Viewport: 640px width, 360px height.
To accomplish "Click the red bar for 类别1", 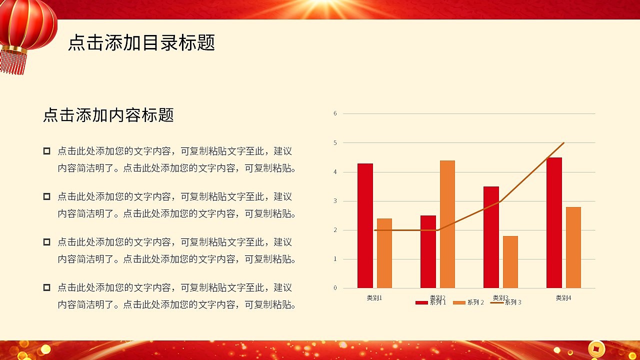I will pos(365,225).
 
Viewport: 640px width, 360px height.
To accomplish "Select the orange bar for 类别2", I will pos(447,224).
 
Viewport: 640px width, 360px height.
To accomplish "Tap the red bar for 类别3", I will pos(491,237).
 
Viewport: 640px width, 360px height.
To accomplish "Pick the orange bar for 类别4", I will pos(573,247).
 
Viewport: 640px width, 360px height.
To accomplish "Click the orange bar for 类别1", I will pos(384,253).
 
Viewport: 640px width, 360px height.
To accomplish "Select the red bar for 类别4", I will pos(554,222).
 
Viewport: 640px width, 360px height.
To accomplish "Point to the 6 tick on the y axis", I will pos(335,113).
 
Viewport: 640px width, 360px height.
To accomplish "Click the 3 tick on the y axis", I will pos(335,201).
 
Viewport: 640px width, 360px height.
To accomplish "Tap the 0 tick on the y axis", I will pos(335,288).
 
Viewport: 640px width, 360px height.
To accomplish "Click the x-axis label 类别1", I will pos(374,297).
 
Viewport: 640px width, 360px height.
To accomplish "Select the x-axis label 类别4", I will pos(563,297).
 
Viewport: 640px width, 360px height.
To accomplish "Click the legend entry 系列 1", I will pos(430,302).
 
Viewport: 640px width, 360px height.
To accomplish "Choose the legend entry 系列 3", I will pos(505,302).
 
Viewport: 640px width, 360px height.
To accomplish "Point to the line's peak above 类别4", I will pos(563,143).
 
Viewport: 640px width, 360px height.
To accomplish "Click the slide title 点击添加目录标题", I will pos(141,43).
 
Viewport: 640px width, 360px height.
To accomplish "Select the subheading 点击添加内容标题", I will pos(108,115).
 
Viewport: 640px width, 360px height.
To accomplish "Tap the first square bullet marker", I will pos(46,151).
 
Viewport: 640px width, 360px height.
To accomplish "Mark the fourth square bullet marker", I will pos(46,287).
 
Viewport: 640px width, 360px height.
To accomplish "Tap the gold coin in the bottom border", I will pos(596,348).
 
